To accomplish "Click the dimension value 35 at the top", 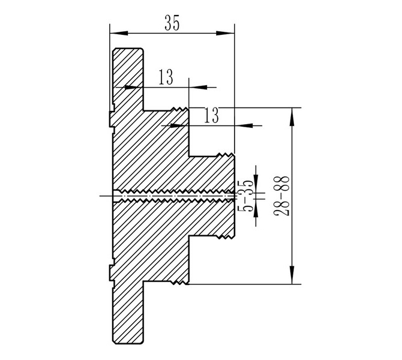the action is coord(172,23).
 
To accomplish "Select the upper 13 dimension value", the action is coord(166,77).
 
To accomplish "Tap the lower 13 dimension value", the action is coord(212,115).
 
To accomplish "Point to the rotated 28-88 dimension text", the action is coord(281,196).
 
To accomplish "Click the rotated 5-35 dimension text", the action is coord(246,196).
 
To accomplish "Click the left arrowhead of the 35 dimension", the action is coord(119,33).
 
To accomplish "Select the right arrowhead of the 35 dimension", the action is coord(226,33).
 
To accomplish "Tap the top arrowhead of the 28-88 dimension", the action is coord(292,117).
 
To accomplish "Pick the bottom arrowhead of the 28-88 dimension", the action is coord(292,275).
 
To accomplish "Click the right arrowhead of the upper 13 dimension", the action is coord(198,87).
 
